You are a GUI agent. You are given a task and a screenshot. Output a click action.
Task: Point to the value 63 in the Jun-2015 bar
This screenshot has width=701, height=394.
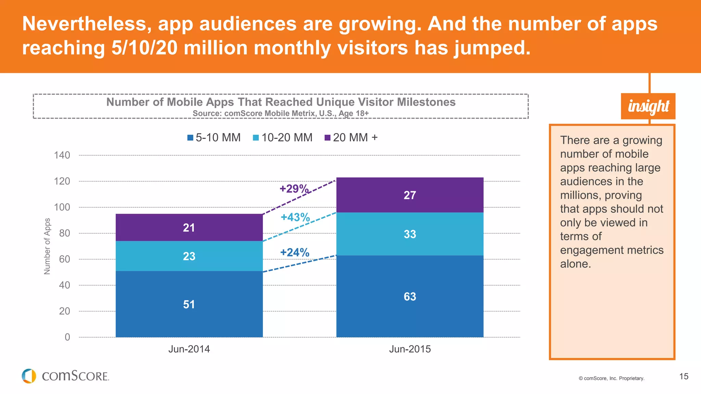pyautogui.click(x=410, y=297)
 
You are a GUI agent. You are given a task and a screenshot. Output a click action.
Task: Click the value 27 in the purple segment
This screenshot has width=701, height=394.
pyautogui.click(x=410, y=195)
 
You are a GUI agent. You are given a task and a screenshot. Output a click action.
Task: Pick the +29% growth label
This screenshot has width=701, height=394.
pyautogui.click(x=294, y=188)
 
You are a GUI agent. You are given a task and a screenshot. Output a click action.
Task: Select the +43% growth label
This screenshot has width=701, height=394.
pyautogui.click(x=295, y=217)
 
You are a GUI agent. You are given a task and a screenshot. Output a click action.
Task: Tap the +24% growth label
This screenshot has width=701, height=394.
pyautogui.click(x=295, y=252)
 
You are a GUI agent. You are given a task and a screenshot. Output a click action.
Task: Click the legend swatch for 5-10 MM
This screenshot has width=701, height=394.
pyautogui.click(x=190, y=138)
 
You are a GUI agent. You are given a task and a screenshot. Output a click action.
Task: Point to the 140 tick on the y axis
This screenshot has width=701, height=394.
pyautogui.click(x=62, y=155)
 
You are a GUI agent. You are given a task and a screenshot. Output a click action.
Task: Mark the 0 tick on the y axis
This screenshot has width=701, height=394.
pyautogui.click(x=67, y=337)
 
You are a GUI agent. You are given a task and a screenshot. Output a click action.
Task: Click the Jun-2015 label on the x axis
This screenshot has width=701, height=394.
pyautogui.click(x=410, y=349)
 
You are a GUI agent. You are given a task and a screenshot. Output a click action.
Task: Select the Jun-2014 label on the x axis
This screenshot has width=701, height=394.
pyautogui.click(x=189, y=349)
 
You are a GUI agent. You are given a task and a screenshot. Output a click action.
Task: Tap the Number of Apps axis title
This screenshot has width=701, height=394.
pyautogui.click(x=47, y=246)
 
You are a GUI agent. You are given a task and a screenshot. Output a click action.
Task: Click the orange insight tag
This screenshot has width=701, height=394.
pyautogui.click(x=648, y=106)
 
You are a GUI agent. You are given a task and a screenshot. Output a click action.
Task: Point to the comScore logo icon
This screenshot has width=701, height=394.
pyautogui.click(x=29, y=376)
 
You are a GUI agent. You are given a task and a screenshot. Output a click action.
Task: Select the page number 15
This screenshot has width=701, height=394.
pyautogui.click(x=684, y=377)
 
